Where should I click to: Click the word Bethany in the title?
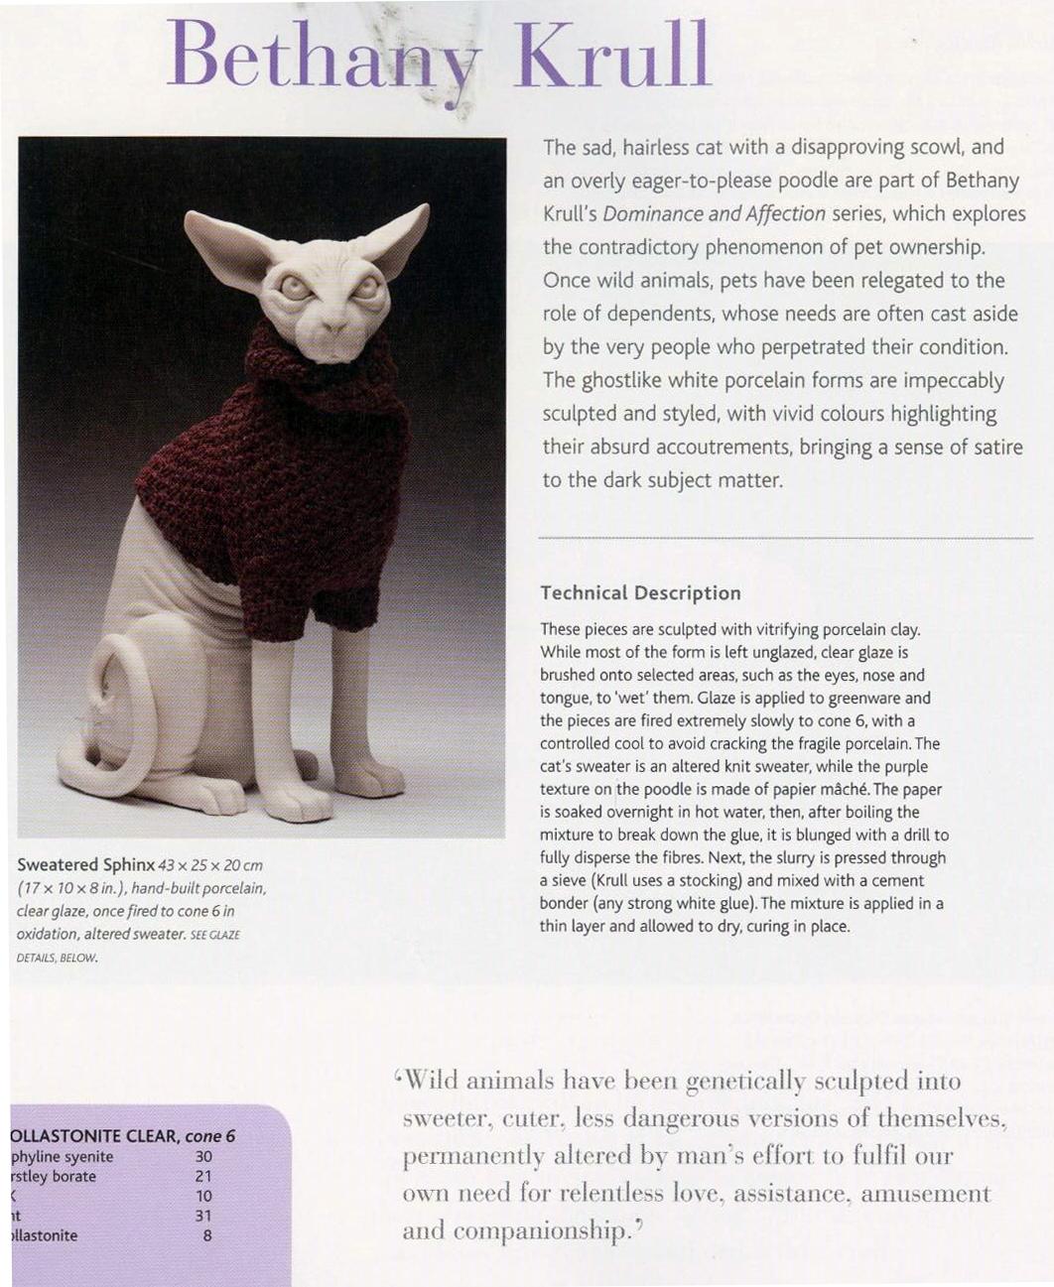[324, 56]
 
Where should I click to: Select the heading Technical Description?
[640, 593]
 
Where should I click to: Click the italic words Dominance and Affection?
[714, 213]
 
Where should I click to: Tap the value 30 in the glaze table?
[203, 1157]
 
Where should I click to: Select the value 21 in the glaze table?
[203, 1177]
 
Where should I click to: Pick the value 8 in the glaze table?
[206, 1236]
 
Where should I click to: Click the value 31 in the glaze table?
[203, 1217]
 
